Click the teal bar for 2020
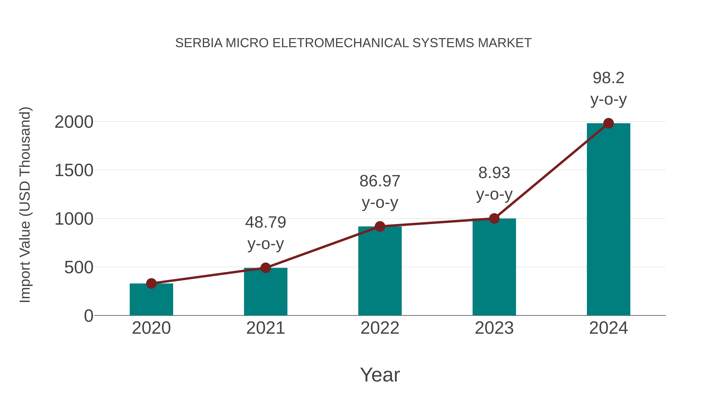[x=151, y=301]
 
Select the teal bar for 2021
[x=265, y=292]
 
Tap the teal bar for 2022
[x=380, y=272]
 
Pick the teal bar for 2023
[x=494, y=268]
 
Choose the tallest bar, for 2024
[x=608, y=220]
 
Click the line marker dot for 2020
[x=151, y=283]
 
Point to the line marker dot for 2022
[x=380, y=227]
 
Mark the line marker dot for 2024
[x=608, y=123]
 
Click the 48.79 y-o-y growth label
[x=265, y=233]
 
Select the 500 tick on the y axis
[x=79, y=267]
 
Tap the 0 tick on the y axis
[x=89, y=316]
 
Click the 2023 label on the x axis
[x=494, y=328]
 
